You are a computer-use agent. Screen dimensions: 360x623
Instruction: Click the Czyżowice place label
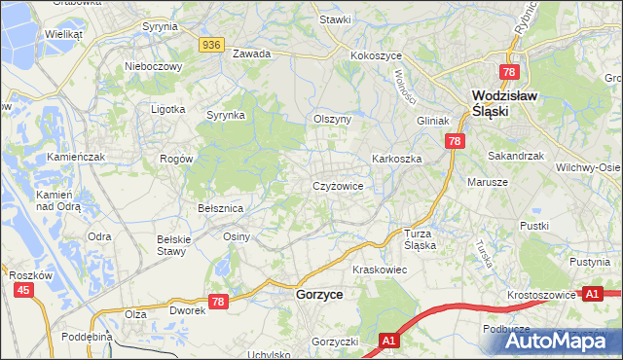338,185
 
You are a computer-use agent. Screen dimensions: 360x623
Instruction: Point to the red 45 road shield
24,290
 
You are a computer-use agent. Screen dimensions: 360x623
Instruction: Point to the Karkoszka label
394,158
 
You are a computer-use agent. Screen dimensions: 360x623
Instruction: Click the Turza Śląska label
421,239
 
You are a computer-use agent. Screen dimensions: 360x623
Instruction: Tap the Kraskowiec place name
379,269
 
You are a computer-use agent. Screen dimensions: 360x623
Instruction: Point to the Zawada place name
250,54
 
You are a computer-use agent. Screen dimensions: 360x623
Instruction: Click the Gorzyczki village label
336,342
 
